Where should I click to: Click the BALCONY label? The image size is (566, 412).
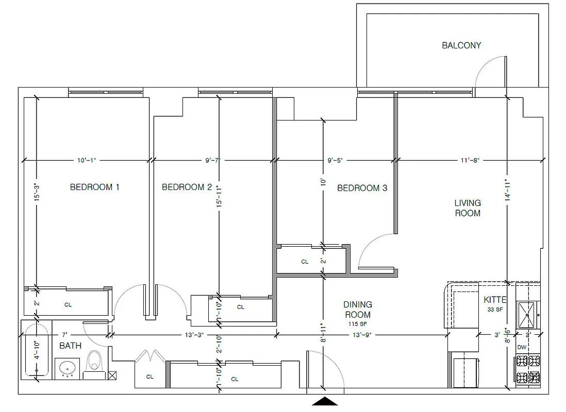click(461, 45)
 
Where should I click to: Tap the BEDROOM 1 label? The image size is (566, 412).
click(95, 187)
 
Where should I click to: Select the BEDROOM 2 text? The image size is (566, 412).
click(187, 187)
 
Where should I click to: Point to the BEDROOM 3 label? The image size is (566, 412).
click(362, 188)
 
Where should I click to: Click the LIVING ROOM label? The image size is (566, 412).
click(468, 208)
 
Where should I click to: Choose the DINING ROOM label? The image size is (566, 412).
click(358, 310)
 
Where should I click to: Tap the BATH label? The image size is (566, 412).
click(70, 346)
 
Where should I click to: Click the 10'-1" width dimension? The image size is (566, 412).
click(87, 160)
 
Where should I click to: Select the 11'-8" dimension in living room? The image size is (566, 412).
click(470, 160)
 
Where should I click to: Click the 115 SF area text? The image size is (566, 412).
click(358, 324)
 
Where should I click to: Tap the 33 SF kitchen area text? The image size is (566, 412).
click(495, 310)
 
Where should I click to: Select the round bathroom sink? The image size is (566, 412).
click(66, 368)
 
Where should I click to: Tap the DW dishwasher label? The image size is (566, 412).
click(522, 347)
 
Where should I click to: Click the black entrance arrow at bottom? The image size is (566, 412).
click(325, 401)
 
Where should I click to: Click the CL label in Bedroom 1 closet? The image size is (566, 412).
click(68, 305)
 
